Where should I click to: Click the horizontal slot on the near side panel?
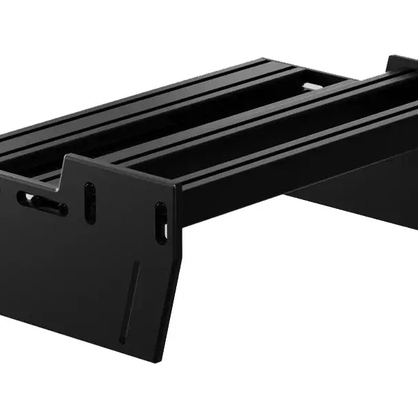(42, 203)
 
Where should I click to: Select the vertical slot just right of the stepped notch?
(89, 202)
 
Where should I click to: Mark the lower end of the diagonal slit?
(122, 339)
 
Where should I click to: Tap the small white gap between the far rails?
(313, 86)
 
